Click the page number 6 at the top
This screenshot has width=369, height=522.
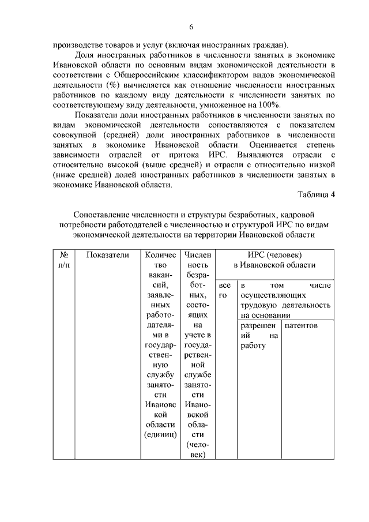pyautogui.click(x=191, y=27)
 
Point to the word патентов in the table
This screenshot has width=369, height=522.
pyautogui.click(x=301, y=325)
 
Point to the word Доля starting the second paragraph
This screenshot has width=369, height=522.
pyautogui.click(x=85, y=53)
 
